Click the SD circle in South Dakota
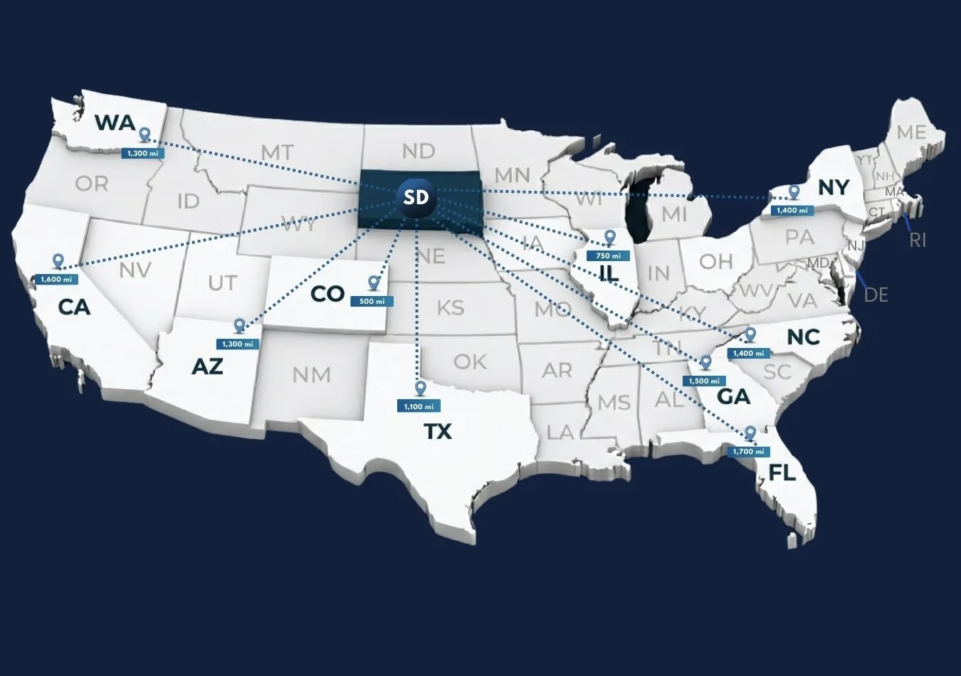point(416,196)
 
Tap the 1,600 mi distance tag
point(56,280)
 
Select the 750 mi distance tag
point(608,256)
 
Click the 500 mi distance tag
point(372,302)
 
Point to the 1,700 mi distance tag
point(749,452)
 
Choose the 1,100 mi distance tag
point(419,407)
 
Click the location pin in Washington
point(145,134)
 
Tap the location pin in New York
point(794,192)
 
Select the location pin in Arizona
point(239,325)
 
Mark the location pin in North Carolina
point(750,334)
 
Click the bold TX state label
point(438,432)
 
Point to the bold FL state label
point(782,473)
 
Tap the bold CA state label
point(74,307)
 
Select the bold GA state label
point(733,396)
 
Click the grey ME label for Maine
point(911,133)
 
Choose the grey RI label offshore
point(918,241)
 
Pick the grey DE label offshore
point(876,295)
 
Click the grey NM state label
point(311,374)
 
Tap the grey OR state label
point(92,184)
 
